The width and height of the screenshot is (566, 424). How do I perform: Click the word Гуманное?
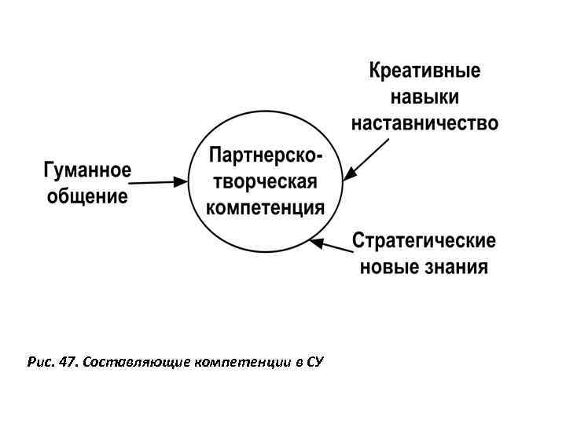coord(86,170)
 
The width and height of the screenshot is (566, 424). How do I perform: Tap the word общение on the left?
coord(86,196)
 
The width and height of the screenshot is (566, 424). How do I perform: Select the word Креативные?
coord(425,71)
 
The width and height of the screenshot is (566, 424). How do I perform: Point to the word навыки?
coord(425,97)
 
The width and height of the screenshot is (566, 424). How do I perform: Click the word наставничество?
coord(425,123)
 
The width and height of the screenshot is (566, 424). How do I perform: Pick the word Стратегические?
coord(424,239)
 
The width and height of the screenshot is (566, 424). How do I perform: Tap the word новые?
coord(385,267)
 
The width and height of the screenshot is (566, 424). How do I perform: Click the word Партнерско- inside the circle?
coord(265,156)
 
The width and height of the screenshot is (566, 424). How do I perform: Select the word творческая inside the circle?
coord(265,182)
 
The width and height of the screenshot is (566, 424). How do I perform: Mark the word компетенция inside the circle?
coord(265,208)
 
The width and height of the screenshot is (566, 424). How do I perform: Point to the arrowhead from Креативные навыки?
coord(348,177)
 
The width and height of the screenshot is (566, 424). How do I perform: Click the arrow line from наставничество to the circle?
coord(369,158)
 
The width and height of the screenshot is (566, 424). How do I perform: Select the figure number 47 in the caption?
coord(66,362)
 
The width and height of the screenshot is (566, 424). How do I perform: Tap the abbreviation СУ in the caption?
coord(314,362)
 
